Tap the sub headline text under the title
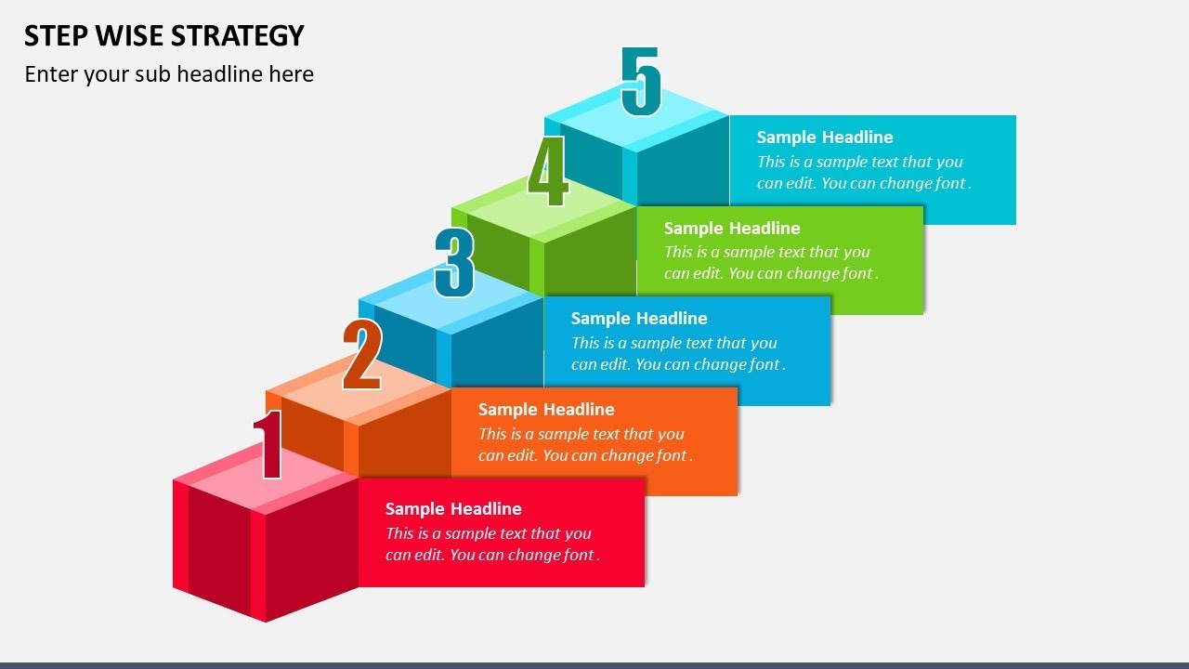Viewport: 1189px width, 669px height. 169,74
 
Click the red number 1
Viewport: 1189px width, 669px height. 268,445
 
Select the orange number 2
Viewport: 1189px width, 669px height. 361,355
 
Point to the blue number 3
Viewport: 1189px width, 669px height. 454,263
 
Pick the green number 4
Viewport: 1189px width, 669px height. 547,173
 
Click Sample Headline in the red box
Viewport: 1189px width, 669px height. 453,508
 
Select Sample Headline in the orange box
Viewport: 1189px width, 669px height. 546,409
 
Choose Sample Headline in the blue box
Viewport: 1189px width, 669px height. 639,318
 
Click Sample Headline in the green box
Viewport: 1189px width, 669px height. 732,228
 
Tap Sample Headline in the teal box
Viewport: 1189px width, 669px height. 825,137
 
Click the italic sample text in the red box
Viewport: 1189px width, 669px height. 491,544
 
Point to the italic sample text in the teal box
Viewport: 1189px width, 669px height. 863,173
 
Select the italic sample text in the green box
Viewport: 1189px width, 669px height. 770,263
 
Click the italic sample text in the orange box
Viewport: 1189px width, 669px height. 584,445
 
